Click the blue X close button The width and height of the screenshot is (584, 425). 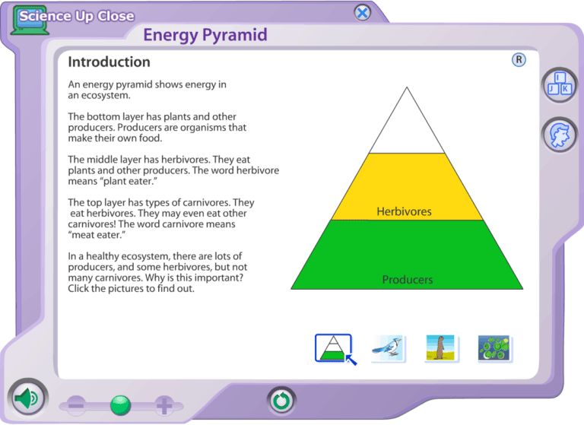(x=363, y=13)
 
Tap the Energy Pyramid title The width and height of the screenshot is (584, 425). (x=205, y=35)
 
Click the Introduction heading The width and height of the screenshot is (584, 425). (x=109, y=62)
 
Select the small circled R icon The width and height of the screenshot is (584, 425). (x=519, y=60)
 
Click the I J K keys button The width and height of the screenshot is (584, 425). (x=559, y=84)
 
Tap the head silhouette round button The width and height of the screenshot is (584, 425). (x=559, y=135)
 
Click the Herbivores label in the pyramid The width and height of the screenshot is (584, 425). (x=404, y=211)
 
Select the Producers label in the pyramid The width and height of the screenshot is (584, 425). (x=407, y=280)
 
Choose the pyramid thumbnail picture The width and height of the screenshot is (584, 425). (x=333, y=347)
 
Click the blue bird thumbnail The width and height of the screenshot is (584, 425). (x=388, y=347)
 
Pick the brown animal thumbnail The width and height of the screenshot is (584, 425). (x=441, y=347)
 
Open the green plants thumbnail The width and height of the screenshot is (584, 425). (x=495, y=347)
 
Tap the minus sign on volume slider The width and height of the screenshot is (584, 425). (x=76, y=405)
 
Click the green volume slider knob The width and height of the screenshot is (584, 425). (x=120, y=405)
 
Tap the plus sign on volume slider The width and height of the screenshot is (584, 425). (x=164, y=405)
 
